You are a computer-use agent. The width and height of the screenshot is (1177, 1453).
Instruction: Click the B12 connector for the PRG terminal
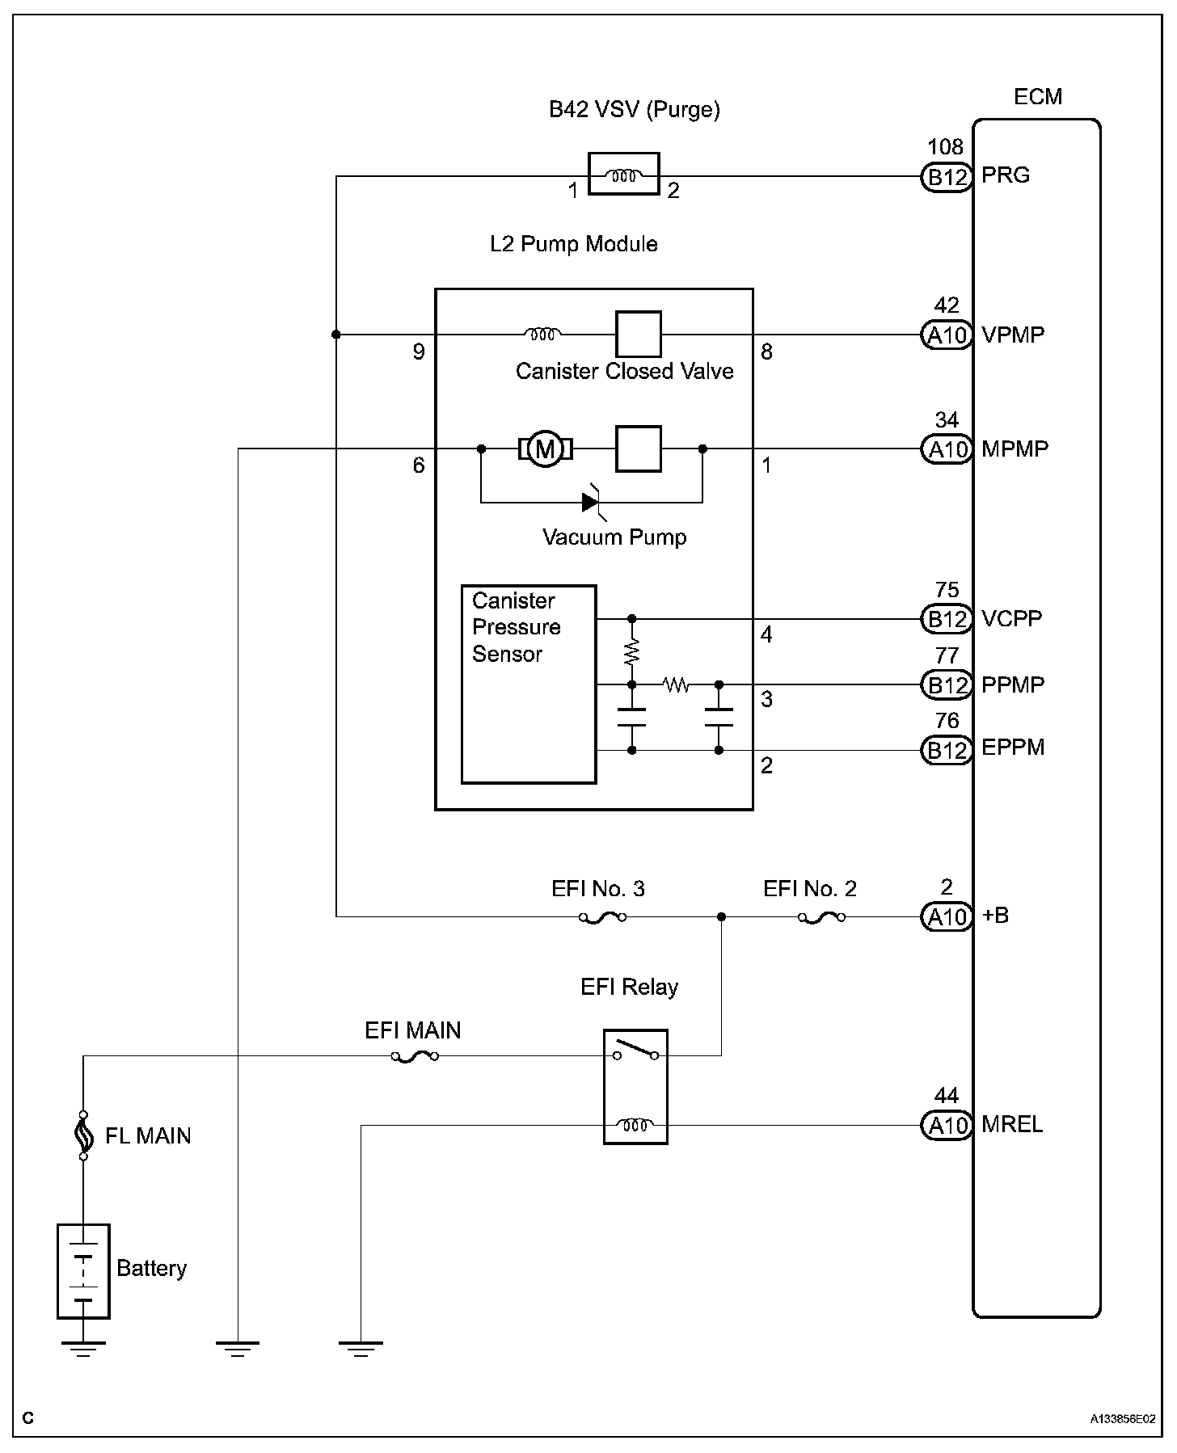pyautogui.click(x=946, y=176)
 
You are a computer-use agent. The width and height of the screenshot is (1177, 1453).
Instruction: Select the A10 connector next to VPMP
pyautogui.click(x=946, y=335)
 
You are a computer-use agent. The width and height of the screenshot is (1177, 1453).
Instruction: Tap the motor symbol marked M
pyautogui.click(x=546, y=449)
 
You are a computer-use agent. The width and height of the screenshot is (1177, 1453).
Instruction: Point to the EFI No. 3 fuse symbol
pyautogui.click(x=602, y=917)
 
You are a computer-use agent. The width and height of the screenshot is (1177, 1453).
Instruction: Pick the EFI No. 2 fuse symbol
pyautogui.click(x=821, y=917)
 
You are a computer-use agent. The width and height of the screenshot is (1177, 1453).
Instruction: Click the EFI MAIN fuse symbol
pyautogui.click(x=415, y=1056)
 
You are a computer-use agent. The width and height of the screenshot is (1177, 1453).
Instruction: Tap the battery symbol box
pyautogui.click(x=83, y=1271)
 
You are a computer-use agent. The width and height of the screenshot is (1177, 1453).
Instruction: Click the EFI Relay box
pyautogui.click(x=635, y=1087)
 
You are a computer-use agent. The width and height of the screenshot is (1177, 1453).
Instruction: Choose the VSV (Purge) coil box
pyautogui.click(x=623, y=174)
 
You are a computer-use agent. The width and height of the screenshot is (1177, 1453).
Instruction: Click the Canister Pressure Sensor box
pyautogui.click(x=529, y=684)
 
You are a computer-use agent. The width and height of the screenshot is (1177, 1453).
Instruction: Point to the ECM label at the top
pyautogui.click(x=1038, y=97)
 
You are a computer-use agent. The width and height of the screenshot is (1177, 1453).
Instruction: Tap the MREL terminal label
pyautogui.click(x=1012, y=1124)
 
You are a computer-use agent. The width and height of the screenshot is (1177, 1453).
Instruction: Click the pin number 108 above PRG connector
pyautogui.click(x=946, y=147)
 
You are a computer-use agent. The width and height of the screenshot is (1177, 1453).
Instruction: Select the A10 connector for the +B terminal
pyautogui.click(x=946, y=917)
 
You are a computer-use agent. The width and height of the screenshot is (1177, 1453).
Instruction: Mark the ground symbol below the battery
pyautogui.click(x=83, y=1349)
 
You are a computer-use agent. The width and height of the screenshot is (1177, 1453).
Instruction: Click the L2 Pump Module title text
pyautogui.click(x=574, y=244)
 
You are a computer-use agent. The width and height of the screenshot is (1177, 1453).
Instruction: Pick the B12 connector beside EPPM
pyautogui.click(x=946, y=751)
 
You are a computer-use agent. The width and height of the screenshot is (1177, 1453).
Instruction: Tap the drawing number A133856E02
pyautogui.click(x=1122, y=1418)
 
